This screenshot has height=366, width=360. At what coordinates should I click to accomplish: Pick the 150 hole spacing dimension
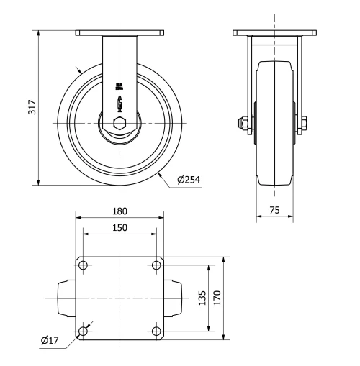click(120, 227)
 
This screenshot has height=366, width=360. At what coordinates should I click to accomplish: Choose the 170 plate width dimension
click(218, 297)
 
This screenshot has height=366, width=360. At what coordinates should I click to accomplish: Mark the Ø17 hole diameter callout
click(49, 339)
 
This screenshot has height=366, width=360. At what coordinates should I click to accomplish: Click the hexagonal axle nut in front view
click(120, 123)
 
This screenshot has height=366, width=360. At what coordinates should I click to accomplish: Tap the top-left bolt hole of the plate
click(84, 265)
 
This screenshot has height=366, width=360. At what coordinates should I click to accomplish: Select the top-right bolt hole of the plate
click(157, 265)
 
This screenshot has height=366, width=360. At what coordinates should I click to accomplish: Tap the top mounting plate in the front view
click(120, 32)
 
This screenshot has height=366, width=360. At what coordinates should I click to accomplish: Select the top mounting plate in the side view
click(275, 32)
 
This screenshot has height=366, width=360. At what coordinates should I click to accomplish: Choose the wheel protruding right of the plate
click(174, 298)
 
